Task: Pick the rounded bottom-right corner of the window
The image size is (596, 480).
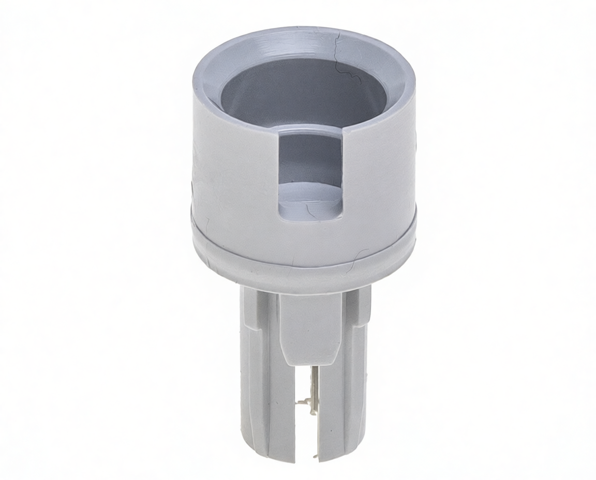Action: pyautogui.click(x=339, y=215)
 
